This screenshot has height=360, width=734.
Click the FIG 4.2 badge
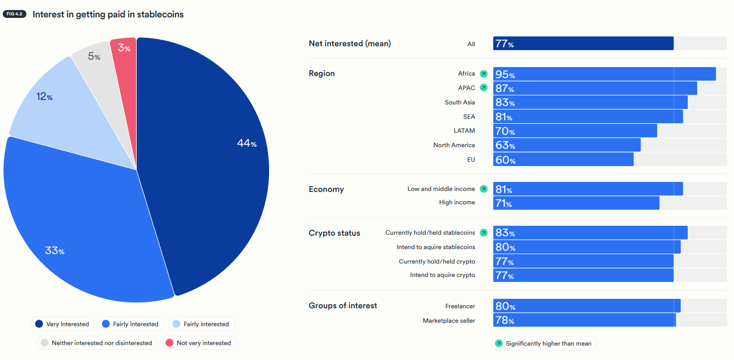tap(14, 14)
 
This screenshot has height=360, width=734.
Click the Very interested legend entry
tap(62, 324)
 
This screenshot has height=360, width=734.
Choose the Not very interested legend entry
tap(199, 343)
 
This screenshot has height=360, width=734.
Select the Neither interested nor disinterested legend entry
tap(97, 343)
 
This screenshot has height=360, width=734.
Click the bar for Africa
tap(604, 74)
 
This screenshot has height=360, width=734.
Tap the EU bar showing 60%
tap(563, 160)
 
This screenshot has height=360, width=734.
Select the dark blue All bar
tap(583, 44)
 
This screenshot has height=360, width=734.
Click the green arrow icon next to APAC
tap(483, 88)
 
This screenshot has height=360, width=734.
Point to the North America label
tap(454, 145)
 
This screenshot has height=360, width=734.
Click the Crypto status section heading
tap(334, 233)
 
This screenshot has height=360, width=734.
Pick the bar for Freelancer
tap(587, 306)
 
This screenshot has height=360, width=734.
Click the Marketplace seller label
tap(449, 321)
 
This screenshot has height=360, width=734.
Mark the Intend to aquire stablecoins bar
tap(587, 247)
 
